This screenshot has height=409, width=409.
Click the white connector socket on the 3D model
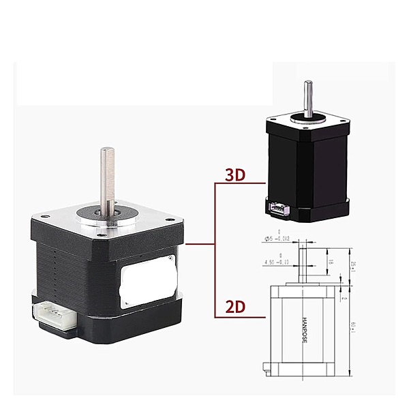pyautogui.click(x=279, y=207)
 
